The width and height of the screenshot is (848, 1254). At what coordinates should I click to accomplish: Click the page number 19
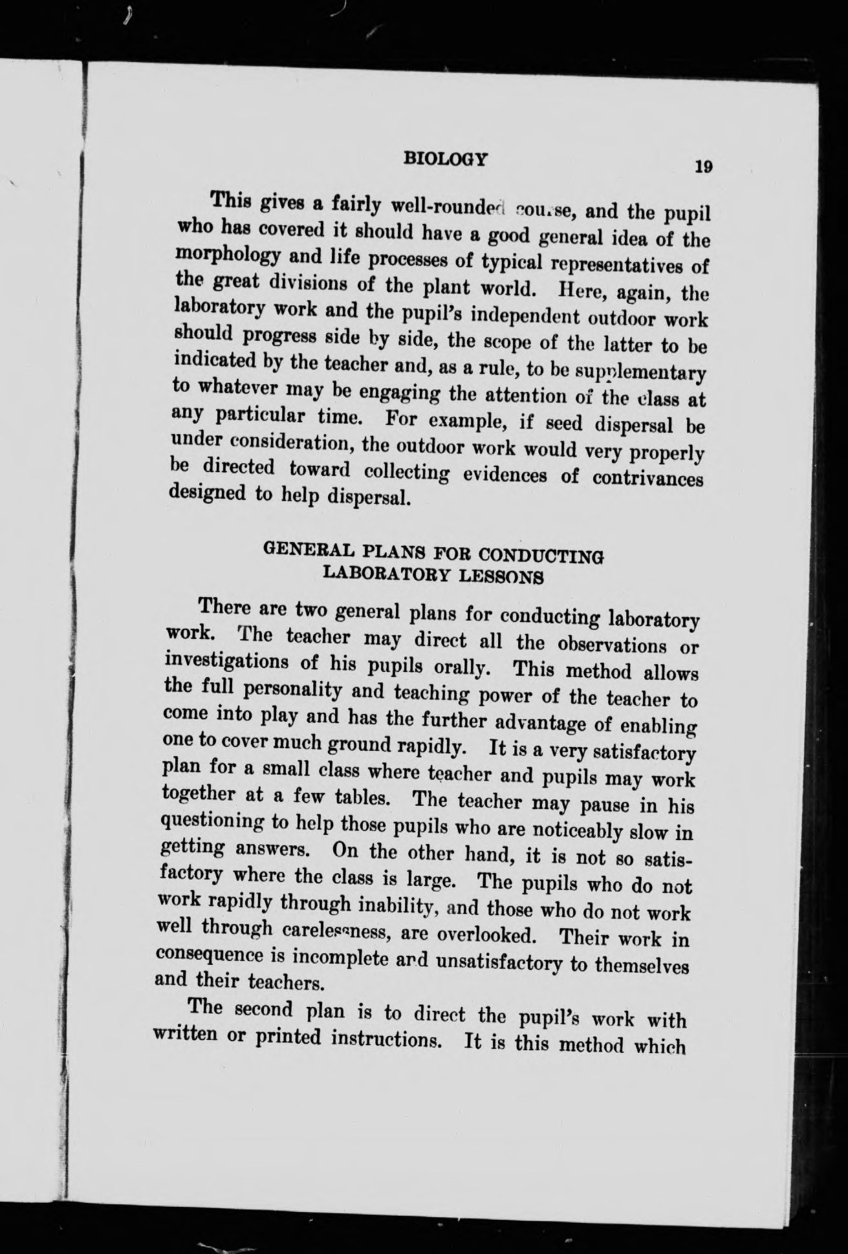click(703, 166)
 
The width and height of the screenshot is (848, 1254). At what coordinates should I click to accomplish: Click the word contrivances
click(648, 479)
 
